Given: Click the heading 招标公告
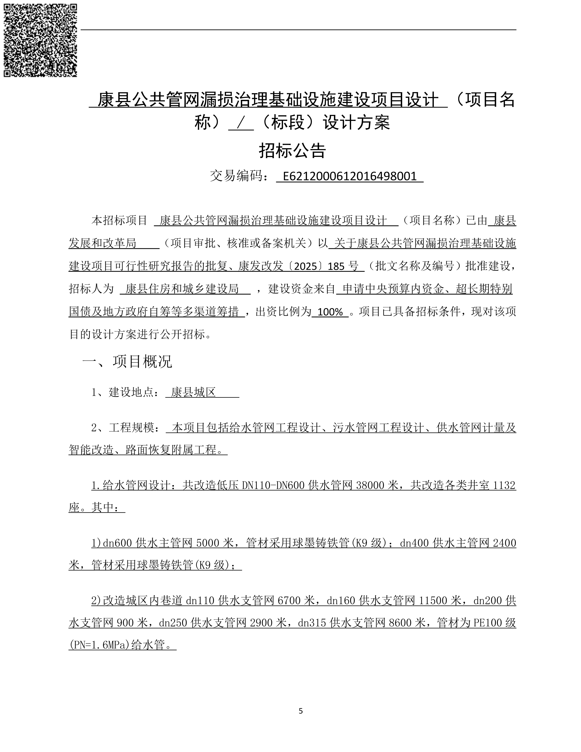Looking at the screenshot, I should click(x=292, y=150).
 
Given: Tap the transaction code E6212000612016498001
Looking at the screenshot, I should click(x=349, y=176).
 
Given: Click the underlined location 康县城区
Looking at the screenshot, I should click(x=193, y=392).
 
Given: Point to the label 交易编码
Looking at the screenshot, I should click(x=237, y=176).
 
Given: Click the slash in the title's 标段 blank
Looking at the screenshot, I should click(x=241, y=123).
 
